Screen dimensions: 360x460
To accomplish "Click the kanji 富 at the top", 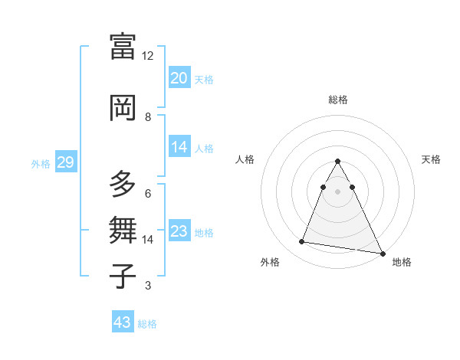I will coord(123,47).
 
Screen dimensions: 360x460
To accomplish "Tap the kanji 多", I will coord(123,185).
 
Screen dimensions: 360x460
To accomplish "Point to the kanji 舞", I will coord(123,230).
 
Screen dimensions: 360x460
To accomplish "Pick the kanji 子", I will coord(123,275).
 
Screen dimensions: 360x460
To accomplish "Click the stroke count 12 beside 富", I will coord(148,56).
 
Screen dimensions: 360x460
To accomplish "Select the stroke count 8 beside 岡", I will coord(148,116).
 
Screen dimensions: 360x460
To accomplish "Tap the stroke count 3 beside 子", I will coord(148,286).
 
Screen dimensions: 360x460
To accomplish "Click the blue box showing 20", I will coord(179,78).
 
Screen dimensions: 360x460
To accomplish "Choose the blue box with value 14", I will coord(179,147).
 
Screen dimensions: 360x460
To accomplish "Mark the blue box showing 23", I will coord(179,231).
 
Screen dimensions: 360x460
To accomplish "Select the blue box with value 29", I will coord(64,162).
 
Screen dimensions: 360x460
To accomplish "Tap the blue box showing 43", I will coord(122,322).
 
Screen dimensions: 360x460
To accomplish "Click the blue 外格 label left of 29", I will coord(41,163).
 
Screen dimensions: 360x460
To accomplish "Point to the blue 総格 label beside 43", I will coord(147,324).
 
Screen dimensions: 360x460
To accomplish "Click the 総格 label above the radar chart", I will coord(338,100).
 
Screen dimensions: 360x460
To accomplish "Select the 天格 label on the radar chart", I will coord(431,159).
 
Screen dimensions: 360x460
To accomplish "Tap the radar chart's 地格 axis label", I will coord(402,263).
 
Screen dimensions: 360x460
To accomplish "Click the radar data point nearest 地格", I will coord(383,253).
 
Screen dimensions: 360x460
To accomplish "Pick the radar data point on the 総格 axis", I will coord(338,162).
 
